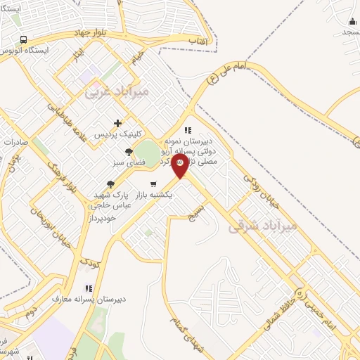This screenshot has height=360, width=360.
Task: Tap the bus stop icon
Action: click(x=24, y=40)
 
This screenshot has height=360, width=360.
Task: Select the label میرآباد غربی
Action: click(x=117, y=91)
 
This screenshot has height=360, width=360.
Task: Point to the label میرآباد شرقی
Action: click(x=264, y=226)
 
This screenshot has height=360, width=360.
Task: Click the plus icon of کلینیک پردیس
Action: click(x=117, y=123)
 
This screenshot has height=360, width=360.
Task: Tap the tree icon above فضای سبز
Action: click(x=129, y=151)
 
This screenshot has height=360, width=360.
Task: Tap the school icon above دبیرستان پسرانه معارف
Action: click(x=89, y=288)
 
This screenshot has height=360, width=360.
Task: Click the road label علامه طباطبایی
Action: click(x=68, y=118)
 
